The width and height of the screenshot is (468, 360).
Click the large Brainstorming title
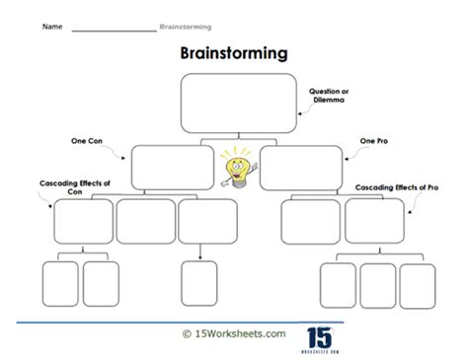tap(234, 53)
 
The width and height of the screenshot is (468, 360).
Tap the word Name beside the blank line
tap(52, 27)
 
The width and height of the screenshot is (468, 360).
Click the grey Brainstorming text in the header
tap(186, 27)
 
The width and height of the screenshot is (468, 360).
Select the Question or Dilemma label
tap(329, 96)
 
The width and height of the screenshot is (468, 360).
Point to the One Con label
tap(87, 141)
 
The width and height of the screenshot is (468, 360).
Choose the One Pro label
tap(374, 141)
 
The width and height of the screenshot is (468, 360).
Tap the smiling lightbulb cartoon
tap(238, 169)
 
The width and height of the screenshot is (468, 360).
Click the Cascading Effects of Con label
tap(75, 187)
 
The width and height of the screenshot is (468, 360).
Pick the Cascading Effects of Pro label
tap(397, 187)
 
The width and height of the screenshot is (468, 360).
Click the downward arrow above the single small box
tap(200, 252)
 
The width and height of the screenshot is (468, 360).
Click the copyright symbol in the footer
tap(187, 334)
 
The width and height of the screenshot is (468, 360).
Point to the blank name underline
tap(115, 32)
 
